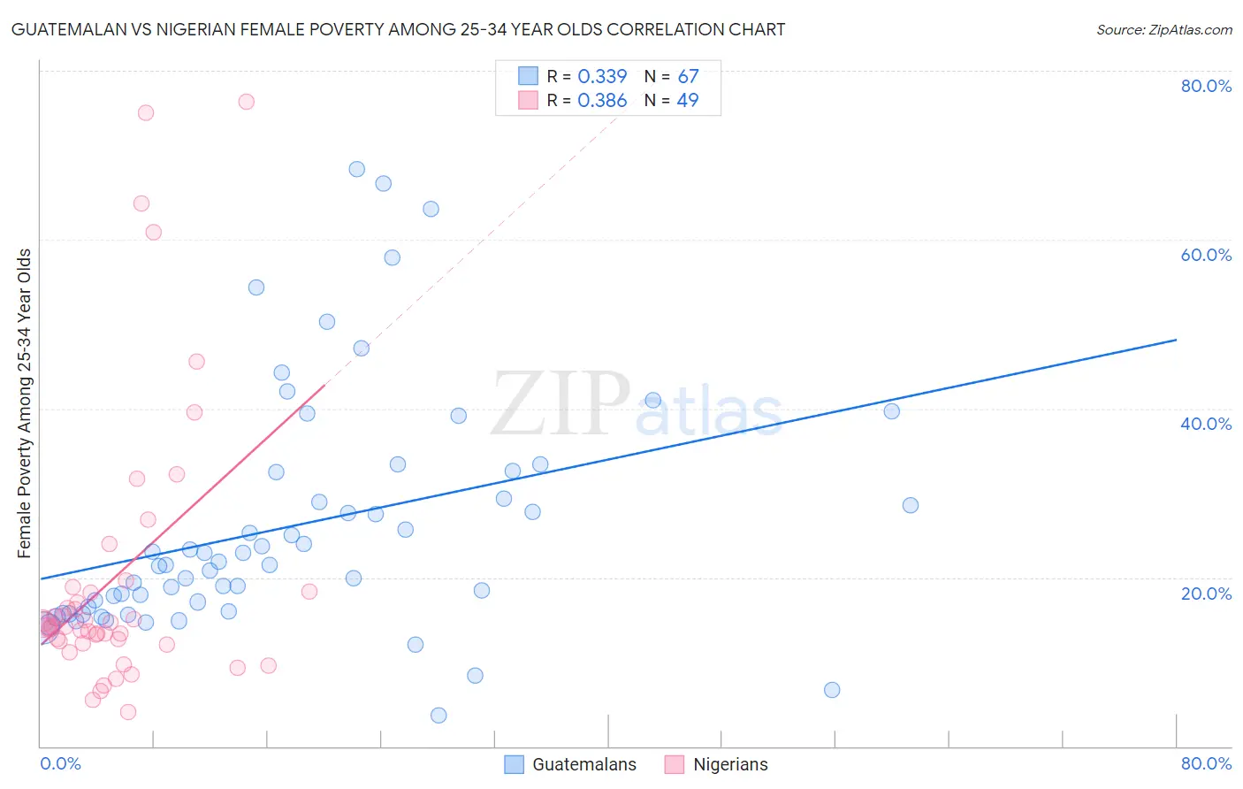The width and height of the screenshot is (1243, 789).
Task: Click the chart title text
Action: point(398,30)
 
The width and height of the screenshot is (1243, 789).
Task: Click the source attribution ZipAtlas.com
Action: point(1163,30)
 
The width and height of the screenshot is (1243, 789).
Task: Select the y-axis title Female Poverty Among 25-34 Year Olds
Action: point(25,403)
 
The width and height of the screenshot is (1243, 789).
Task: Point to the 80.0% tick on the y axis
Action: point(1206,86)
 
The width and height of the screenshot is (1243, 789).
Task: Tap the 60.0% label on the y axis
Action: point(1206,255)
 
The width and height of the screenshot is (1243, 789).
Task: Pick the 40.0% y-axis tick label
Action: point(1206,424)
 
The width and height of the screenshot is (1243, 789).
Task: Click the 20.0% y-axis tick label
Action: point(1206,593)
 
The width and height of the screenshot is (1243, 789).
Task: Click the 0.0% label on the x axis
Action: point(60,763)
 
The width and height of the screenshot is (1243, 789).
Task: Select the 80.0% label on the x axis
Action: point(1206,763)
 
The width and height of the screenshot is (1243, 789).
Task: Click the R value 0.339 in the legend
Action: point(602,77)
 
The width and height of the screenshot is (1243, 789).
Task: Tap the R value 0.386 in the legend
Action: point(602,101)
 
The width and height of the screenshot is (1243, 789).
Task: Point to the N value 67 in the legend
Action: point(688,77)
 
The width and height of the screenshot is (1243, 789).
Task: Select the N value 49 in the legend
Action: point(688,101)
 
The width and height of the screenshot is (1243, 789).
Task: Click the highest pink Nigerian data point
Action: point(247,102)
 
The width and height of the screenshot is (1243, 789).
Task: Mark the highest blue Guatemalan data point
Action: point(357,169)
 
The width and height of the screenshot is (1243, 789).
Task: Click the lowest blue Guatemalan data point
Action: point(438,716)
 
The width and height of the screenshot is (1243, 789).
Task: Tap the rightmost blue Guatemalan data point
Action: point(911,505)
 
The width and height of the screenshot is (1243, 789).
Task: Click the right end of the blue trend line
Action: point(1176,340)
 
